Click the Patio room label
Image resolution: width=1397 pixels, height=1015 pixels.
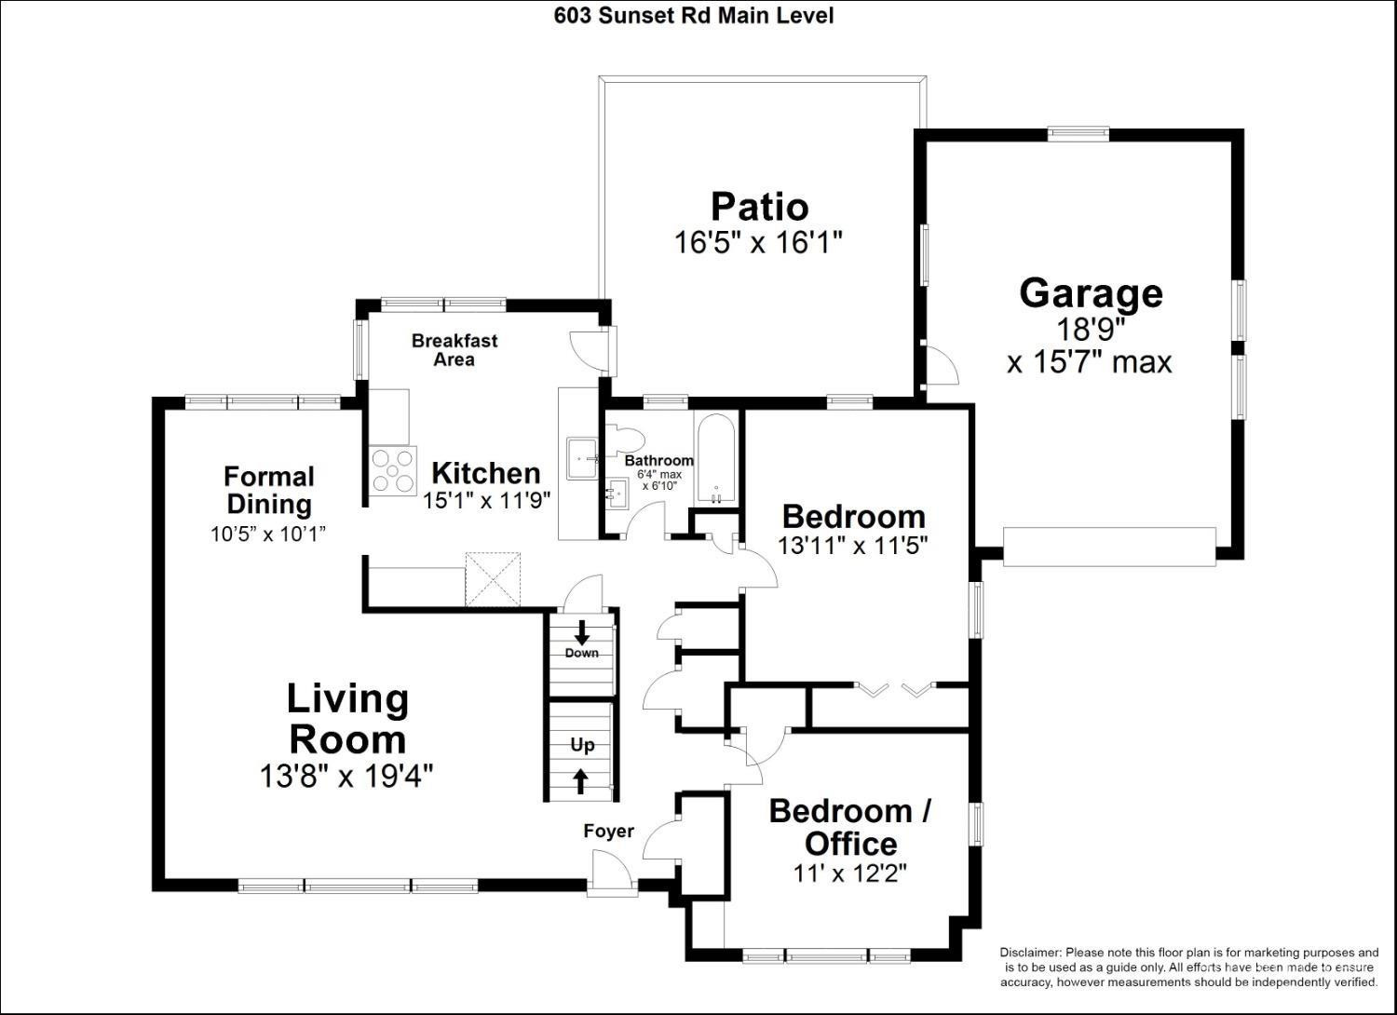[760, 207]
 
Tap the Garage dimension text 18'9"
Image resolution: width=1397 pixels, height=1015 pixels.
[1091, 330]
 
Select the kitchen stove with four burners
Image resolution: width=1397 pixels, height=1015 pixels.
[393, 470]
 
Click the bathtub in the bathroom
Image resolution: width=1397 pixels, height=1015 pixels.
[716, 457]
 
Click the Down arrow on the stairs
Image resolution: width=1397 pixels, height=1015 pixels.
[582, 632]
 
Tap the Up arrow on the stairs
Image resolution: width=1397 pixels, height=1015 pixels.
[580, 781]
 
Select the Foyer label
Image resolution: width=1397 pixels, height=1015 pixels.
[609, 831]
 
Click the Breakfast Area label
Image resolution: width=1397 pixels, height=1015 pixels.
[454, 350]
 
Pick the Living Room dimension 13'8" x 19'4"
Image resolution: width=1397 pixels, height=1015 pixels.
[346, 777]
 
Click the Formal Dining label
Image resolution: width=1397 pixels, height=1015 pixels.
[269, 490]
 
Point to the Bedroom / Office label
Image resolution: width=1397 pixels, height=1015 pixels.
[850, 827]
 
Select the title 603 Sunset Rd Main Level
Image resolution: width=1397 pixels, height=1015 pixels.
[694, 16]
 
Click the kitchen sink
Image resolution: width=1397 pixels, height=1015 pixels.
[582, 458]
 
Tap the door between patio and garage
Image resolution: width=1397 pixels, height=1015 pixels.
[941, 365]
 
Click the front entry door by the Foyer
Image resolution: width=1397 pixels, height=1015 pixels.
[613, 872]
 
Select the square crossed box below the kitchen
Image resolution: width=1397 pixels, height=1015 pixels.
[493, 578]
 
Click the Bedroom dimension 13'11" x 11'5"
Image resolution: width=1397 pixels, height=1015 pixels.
[852, 547]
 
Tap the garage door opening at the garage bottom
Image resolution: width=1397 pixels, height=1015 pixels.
[1109, 547]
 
